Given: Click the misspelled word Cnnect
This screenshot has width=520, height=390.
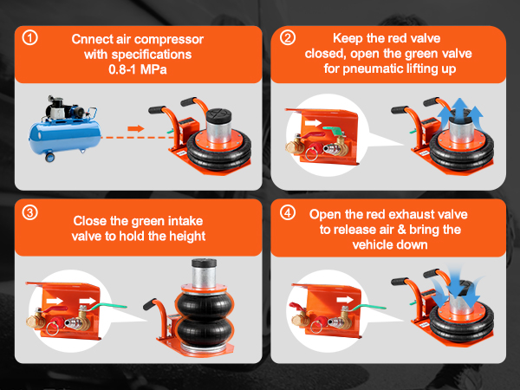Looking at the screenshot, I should click(94, 39).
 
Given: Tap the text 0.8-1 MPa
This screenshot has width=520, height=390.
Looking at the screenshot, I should click(138, 70).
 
